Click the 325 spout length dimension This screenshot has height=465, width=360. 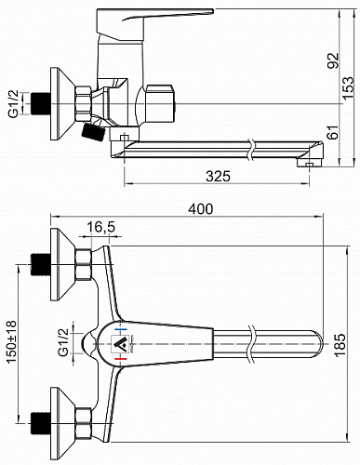tap(219, 177)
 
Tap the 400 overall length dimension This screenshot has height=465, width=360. tap(201, 209)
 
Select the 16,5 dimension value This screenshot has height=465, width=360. tap(100, 227)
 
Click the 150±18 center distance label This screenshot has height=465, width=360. tap(12, 342)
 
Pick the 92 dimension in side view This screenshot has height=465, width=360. tap(334, 60)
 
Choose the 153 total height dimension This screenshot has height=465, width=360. tap(348, 87)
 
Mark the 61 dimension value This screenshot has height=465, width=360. tap(334, 133)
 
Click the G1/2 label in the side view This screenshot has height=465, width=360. tap(14, 104)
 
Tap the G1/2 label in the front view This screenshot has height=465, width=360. tap(63, 342)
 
